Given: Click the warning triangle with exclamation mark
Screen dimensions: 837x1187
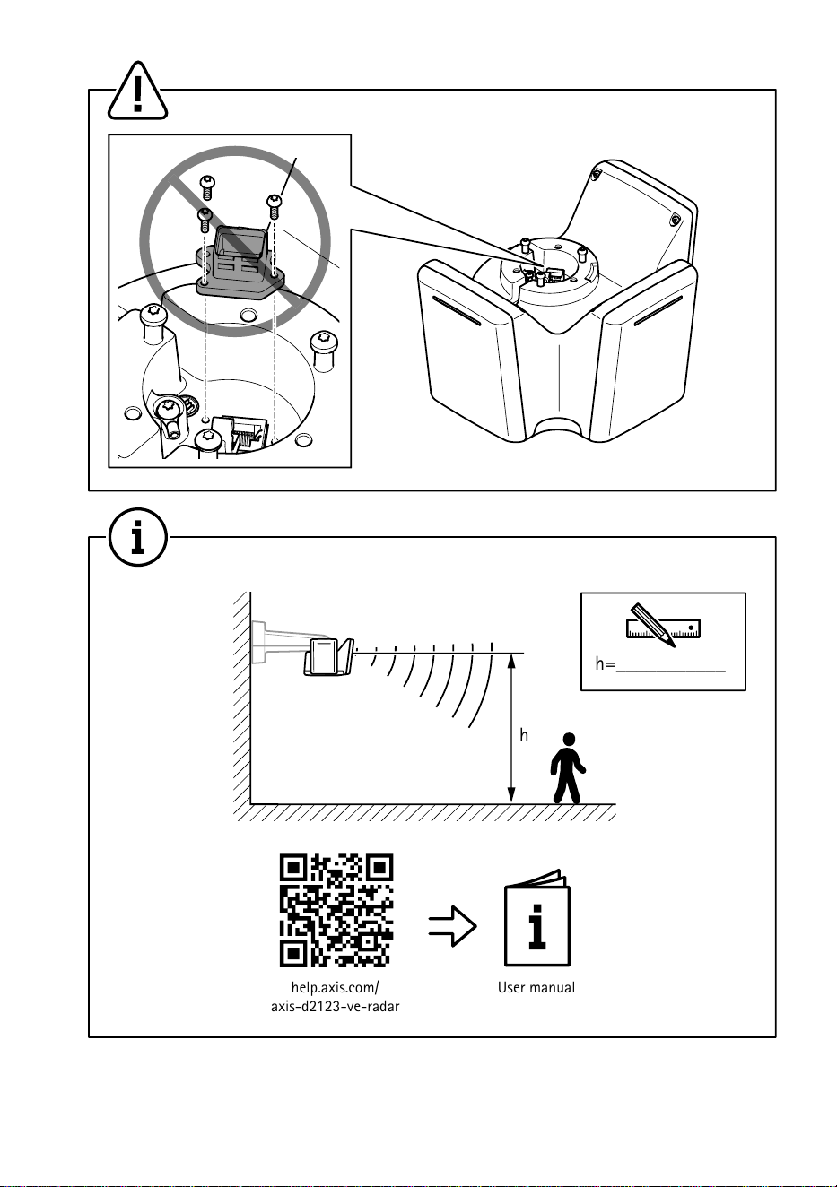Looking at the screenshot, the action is point(137,91).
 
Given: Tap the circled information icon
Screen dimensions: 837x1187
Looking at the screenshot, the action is point(138,537).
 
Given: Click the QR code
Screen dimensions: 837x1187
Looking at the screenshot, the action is point(336,910).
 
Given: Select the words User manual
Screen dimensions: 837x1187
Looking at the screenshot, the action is point(536,987).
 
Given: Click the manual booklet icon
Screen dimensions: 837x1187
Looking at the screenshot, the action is point(537,918).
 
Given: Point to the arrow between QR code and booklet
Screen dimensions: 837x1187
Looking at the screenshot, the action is point(452,926).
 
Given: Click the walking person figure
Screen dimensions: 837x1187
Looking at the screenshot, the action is point(568,767).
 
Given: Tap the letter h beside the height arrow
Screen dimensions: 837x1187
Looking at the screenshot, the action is point(524,735).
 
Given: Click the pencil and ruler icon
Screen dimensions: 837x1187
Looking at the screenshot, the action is point(663,625).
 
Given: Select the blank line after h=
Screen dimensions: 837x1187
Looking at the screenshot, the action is point(670,671).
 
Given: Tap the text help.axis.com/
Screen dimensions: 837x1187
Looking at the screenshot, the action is point(336,987).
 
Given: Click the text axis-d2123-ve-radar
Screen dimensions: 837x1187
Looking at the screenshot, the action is point(336,1006).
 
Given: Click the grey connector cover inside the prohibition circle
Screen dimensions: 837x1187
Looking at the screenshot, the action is point(241,261).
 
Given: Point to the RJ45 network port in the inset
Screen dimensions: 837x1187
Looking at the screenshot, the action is point(245,433).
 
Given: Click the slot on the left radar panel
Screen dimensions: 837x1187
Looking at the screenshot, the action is point(457,310).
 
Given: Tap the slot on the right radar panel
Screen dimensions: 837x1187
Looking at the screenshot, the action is point(658,310).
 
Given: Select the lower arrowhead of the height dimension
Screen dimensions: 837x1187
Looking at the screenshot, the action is point(511,795).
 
